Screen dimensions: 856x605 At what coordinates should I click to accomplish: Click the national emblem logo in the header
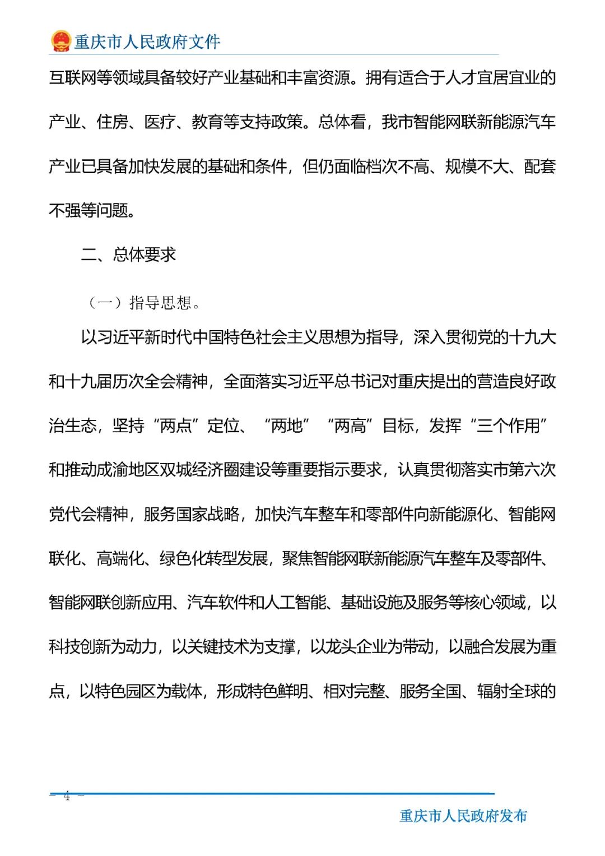click(61, 40)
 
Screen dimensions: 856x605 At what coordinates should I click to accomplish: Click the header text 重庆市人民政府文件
click(147, 41)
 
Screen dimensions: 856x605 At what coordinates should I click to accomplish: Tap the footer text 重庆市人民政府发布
click(463, 816)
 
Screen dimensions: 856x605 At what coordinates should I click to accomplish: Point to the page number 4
click(67, 795)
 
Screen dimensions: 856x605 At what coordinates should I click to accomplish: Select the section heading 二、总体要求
click(128, 255)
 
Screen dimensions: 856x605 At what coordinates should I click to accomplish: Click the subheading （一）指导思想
click(144, 303)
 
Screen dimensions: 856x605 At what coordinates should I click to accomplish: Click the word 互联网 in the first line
click(72, 77)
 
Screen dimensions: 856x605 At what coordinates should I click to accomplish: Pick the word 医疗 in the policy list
click(160, 122)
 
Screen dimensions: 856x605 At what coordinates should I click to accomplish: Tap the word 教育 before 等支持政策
click(207, 122)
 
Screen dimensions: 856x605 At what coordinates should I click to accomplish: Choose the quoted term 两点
click(176, 425)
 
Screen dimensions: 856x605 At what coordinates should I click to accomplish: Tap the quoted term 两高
click(350, 425)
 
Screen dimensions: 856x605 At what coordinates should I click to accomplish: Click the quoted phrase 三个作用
click(508, 425)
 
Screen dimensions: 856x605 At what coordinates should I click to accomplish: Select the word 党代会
click(72, 514)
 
